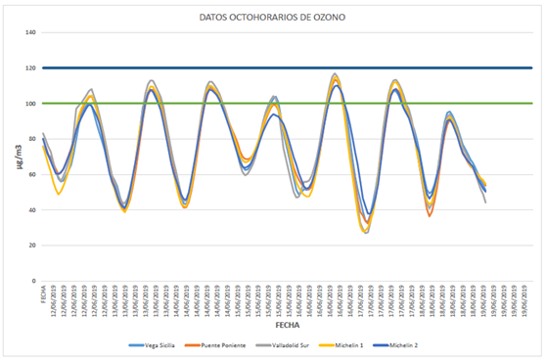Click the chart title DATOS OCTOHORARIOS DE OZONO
(x=271, y=17)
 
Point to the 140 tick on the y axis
(x=30, y=32)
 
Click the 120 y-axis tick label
(x=30, y=68)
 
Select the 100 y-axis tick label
(x=30, y=104)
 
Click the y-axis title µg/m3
(x=13, y=157)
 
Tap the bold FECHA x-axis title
(x=287, y=322)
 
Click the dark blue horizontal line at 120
(x=294, y=68)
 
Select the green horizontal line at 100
(x=294, y=104)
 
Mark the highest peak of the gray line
(x=336, y=73)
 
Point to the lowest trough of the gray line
(x=366, y=232)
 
